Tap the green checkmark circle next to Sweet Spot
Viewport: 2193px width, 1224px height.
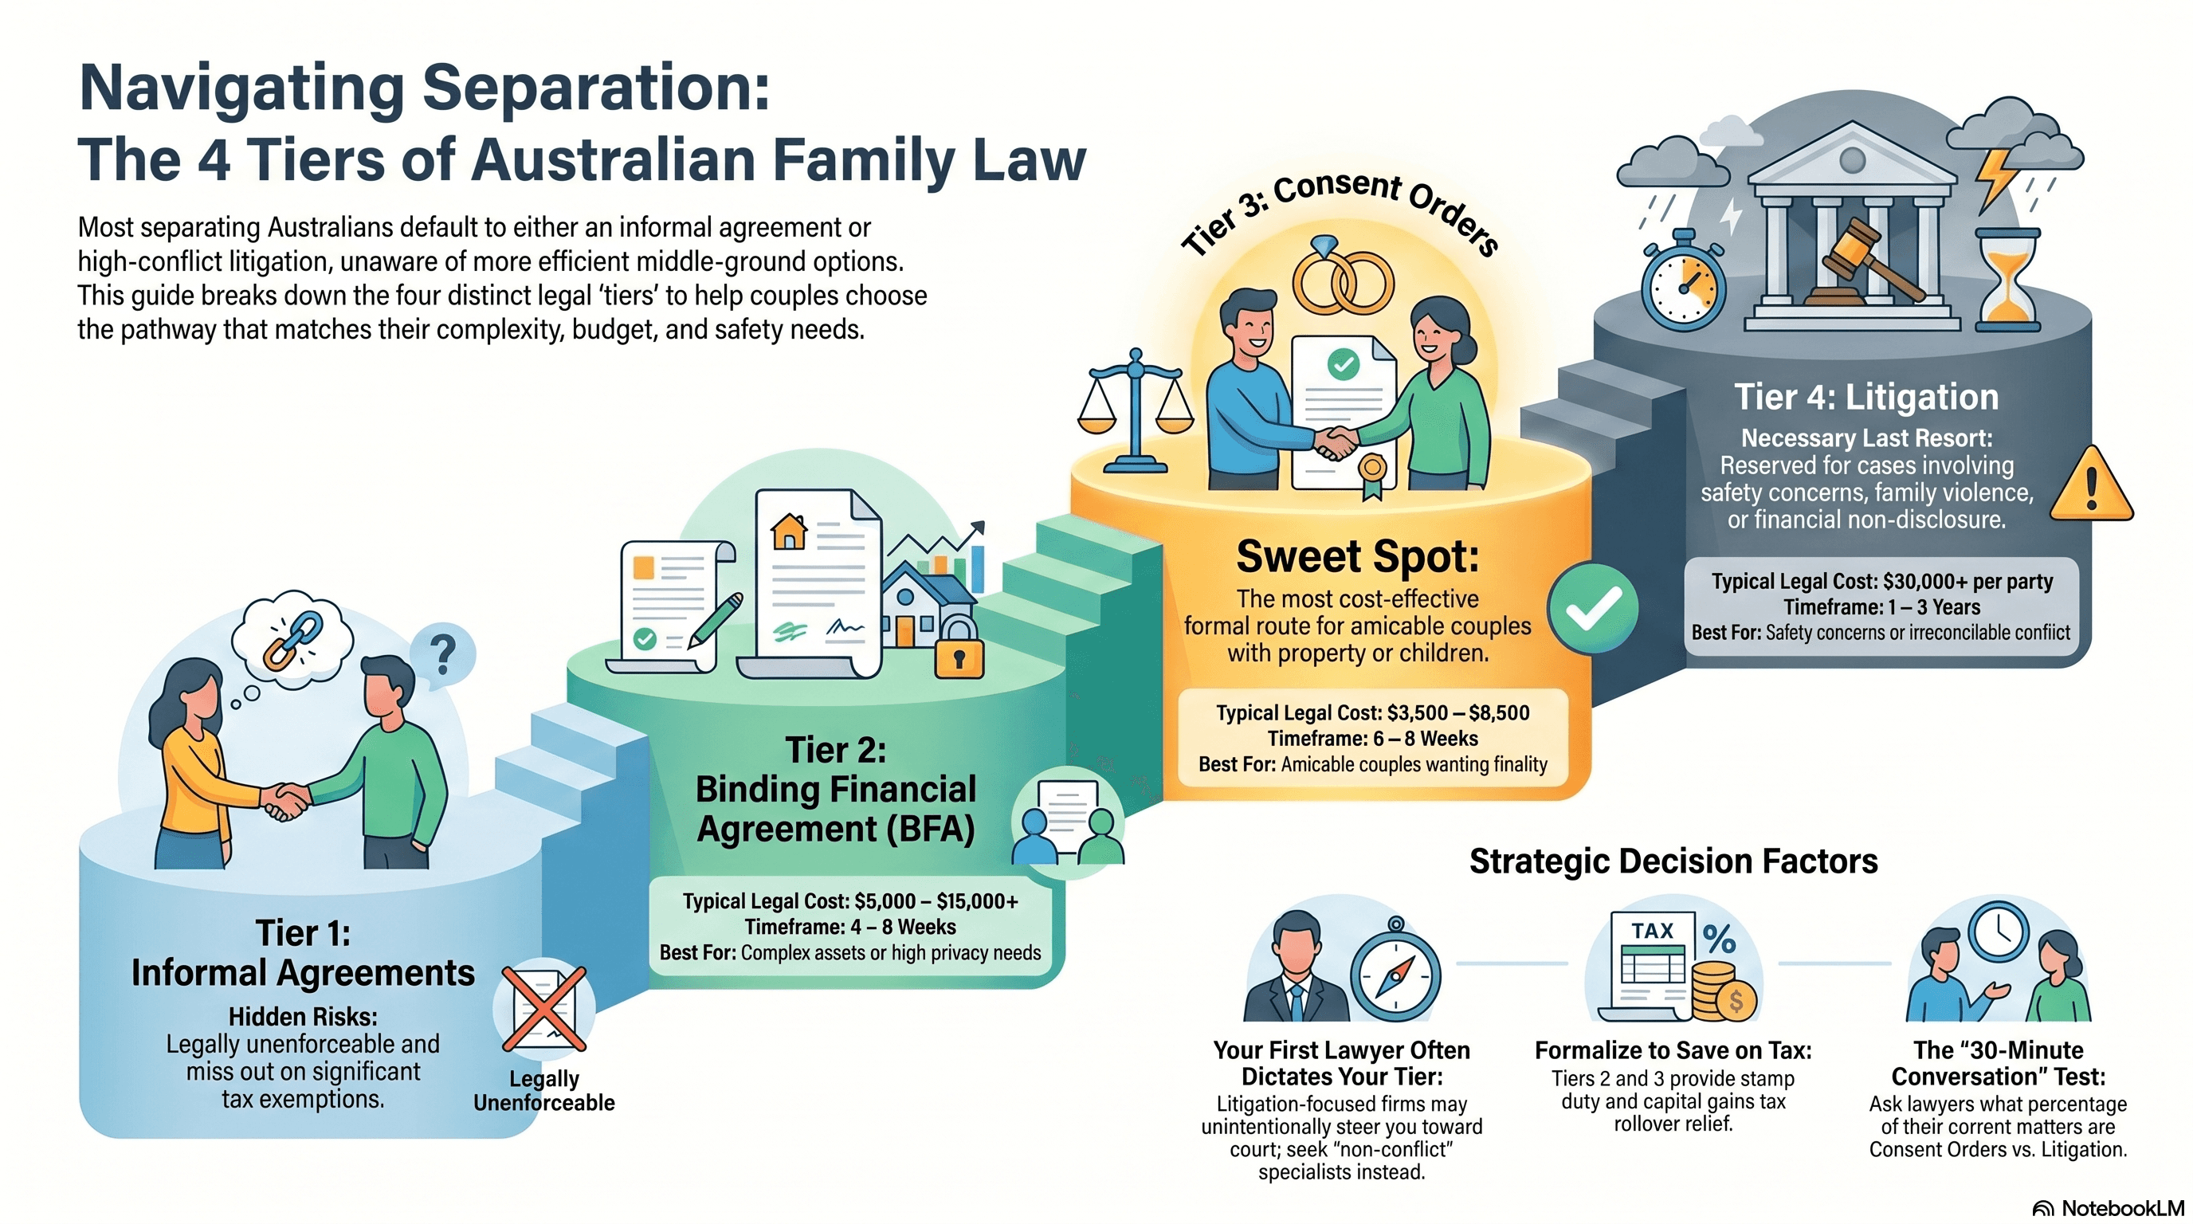point(1593,608)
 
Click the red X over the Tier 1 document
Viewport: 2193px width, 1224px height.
point(544,1010)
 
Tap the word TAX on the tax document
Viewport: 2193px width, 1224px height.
point(1653,930)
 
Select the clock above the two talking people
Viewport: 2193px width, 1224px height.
point(1997,932)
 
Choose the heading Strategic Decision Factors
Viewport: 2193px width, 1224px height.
point(1673,861)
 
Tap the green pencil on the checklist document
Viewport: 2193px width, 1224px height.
point(715,620)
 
